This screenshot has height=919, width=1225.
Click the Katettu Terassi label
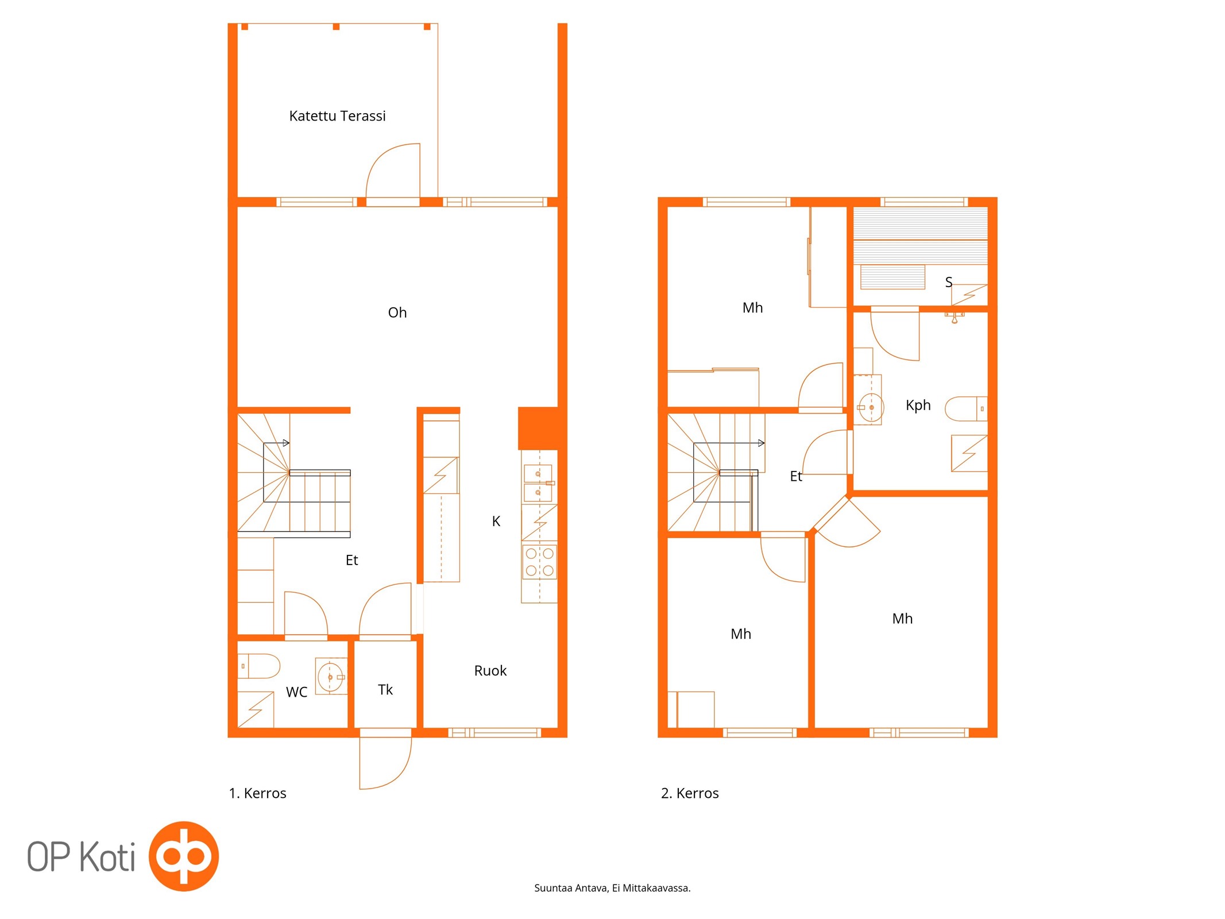(x=337, y=116)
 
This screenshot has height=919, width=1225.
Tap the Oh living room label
(x=397, y=312)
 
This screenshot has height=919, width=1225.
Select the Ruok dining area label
(x=490, y=670)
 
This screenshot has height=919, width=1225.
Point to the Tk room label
(x=385, y=689)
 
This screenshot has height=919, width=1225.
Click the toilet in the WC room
(x=258, y=666)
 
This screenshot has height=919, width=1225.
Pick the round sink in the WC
(x=331, y=677)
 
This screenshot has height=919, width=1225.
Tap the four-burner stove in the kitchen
(x=539, y=562)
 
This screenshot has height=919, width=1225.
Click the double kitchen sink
(x=539, y=483)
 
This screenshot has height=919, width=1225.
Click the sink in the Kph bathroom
(x=870, y=407)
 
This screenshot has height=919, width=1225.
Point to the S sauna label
(x=949, y=282)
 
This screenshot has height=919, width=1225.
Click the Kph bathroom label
(x=918, y=405)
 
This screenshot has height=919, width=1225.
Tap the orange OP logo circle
(x=184, y=856)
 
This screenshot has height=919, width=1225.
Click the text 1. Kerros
(x=257, y=793)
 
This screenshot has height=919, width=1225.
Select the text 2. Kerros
(x=690, y=793)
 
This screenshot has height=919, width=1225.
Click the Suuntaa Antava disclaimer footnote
(x=612, y=888)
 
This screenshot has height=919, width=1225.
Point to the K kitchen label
(x=496, y=521)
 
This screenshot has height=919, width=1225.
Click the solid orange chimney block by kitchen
(x=538, y=428)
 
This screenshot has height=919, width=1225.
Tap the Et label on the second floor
(x=796, y=476)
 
